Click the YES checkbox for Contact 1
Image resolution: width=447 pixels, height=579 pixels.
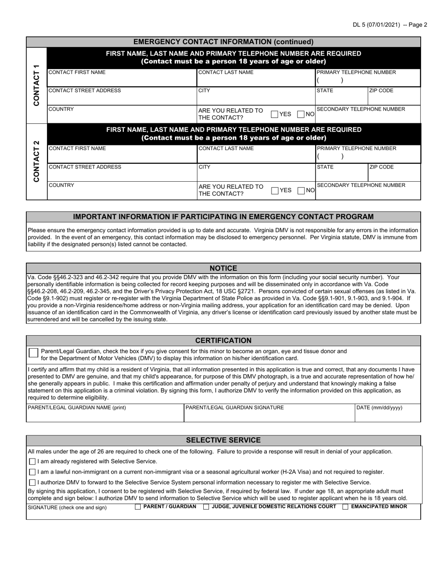[x=274, y=114]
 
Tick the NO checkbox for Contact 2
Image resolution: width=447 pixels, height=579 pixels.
[x=301, y=191]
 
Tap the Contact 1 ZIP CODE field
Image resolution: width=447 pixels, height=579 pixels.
[x=393, y=98]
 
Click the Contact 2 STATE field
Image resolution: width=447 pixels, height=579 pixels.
[x=341, y=175]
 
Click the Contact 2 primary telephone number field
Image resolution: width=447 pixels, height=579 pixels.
[x=367, y=157]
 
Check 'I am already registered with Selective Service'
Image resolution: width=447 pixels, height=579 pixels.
[x=32, y=462]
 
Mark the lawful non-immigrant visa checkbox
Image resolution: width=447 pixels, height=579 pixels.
[x=32, y=472]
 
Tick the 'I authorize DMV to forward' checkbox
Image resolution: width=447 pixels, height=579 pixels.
[x=32, y=482]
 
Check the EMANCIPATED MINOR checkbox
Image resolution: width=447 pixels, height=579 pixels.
[x=345, y=507]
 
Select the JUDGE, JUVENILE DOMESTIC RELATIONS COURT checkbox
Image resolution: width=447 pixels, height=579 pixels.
[x=206, y=507]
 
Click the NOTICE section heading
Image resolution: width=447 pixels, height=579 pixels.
[x=223, y=268]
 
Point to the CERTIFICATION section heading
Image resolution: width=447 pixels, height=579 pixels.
[x=223, y=341]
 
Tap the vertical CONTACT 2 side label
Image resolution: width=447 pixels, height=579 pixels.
[x=36, y=161]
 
